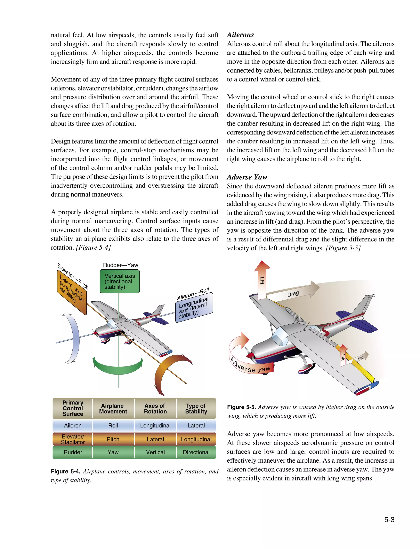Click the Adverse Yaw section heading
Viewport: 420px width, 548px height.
coord(247,177)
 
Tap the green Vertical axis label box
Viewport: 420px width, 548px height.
coord(120,281)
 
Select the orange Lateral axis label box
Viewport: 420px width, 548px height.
coord(72,293)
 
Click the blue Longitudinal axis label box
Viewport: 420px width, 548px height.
coord(194,308)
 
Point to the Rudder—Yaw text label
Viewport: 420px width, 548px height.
coord(121,265)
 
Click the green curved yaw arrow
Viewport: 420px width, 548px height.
coord(118,366)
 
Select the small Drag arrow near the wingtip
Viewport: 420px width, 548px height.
coord(360,358)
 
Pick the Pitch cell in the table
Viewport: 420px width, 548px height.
coord(113,439)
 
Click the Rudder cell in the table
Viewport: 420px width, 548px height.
coord(73,452)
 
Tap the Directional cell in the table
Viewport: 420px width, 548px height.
coord(196,452)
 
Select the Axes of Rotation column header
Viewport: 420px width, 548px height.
coord(155,409)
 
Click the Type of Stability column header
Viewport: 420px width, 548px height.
coord(196,409)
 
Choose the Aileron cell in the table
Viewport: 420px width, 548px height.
coord(73,426)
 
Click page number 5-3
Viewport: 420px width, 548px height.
coord(389,520)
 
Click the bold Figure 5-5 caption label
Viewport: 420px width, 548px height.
coord(241,407)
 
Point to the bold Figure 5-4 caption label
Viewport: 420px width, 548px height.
coord(65,471)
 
